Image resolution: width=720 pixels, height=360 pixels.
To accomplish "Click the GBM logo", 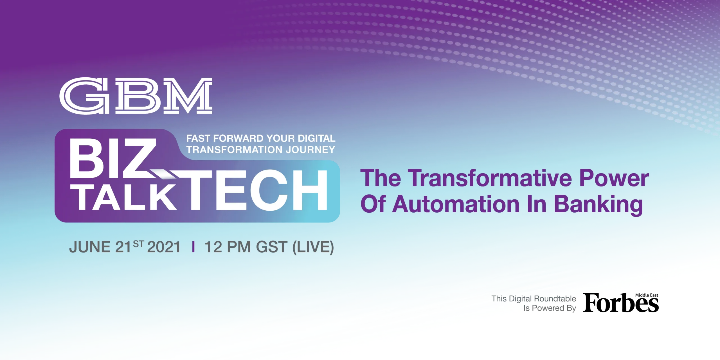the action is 136,96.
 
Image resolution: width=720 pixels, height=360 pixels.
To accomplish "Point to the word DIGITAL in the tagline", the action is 317,138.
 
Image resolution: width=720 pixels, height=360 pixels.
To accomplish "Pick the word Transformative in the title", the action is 489,178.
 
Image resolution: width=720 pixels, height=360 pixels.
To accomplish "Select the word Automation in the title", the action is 456,204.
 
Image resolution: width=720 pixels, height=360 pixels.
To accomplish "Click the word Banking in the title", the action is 598,205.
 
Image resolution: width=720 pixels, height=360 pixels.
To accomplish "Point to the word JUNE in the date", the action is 90,247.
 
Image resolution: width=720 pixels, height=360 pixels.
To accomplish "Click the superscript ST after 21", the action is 138,244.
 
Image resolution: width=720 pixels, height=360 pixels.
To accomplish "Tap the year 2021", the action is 164,247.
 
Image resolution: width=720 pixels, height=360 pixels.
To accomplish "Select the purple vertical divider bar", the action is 193,247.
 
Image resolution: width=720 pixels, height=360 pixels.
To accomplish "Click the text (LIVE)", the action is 313,247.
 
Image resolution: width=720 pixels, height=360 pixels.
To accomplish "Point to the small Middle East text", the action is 647,295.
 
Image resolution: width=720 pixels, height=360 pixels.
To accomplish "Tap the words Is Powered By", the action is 550,308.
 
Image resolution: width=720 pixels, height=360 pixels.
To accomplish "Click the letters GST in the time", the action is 272,247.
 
